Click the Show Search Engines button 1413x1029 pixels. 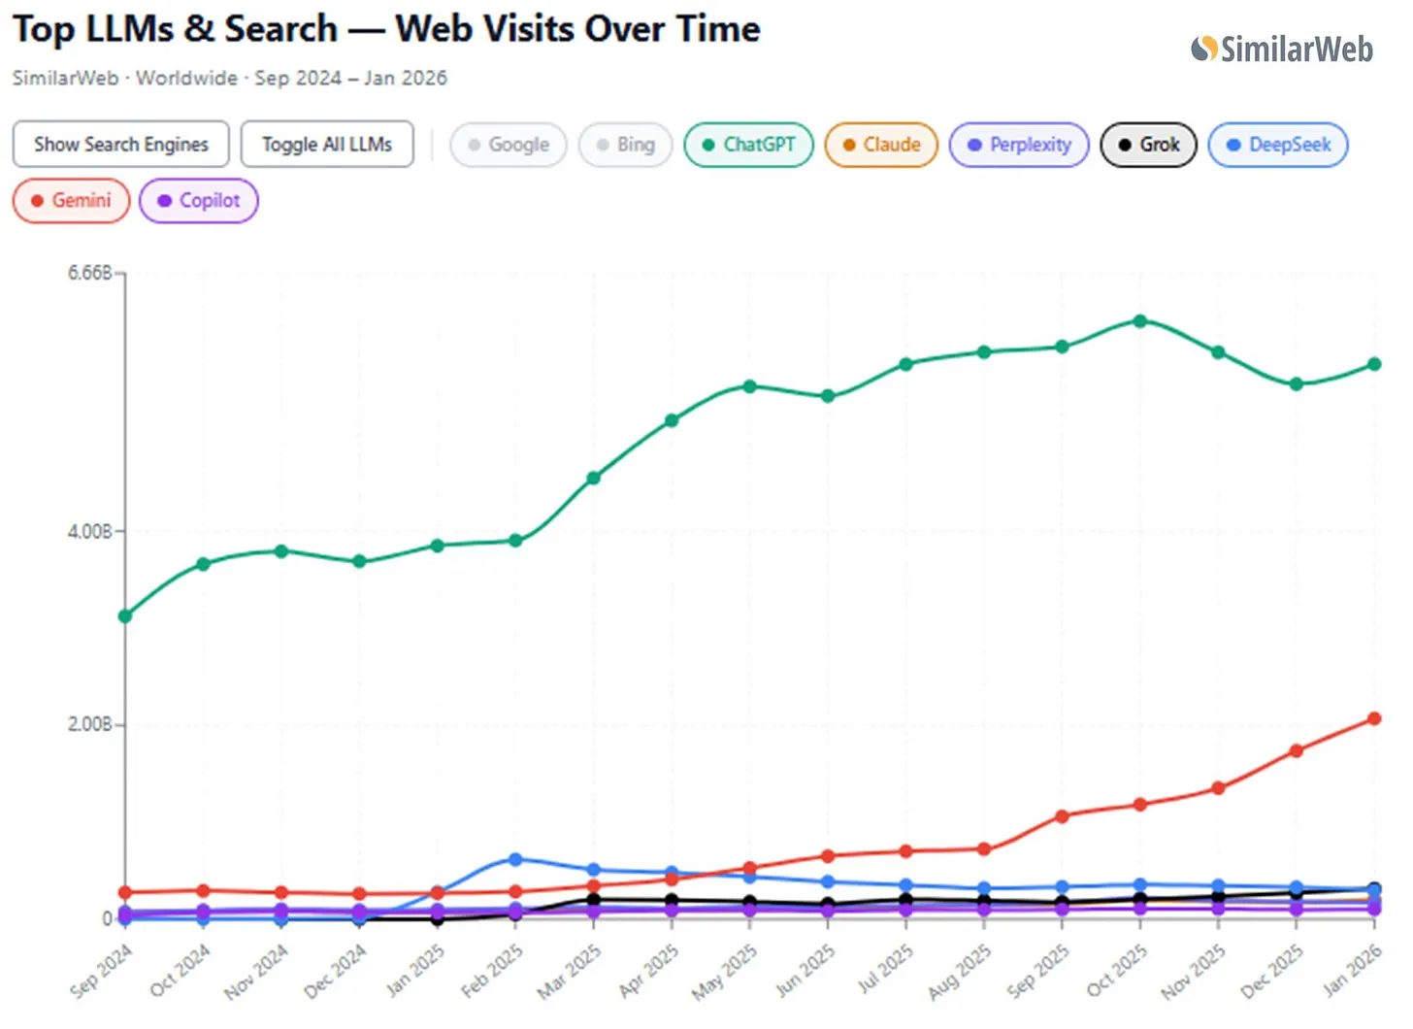121,145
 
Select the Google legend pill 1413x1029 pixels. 509,145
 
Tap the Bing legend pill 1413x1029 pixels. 626,145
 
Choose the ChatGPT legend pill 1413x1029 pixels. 749,145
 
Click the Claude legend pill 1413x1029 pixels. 881,145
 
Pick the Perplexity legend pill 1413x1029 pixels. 1019,145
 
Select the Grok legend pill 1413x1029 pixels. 1149,145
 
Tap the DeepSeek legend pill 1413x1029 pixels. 1278,145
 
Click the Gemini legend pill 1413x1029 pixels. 71,201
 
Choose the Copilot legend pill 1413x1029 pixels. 199,201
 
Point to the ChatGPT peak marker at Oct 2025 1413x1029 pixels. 1140,321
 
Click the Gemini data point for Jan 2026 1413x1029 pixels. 1374,718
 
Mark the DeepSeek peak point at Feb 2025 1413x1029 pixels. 515,859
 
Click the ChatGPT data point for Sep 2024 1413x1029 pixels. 125,616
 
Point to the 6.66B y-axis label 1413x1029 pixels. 89,273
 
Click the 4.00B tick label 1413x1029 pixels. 89,531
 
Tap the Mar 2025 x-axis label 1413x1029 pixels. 569,971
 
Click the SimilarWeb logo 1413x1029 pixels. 1282,50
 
